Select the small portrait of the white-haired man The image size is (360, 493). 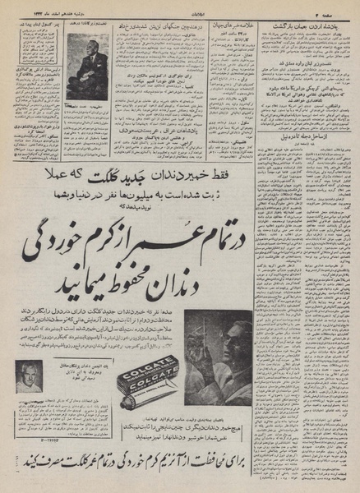(x=29, y=376)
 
